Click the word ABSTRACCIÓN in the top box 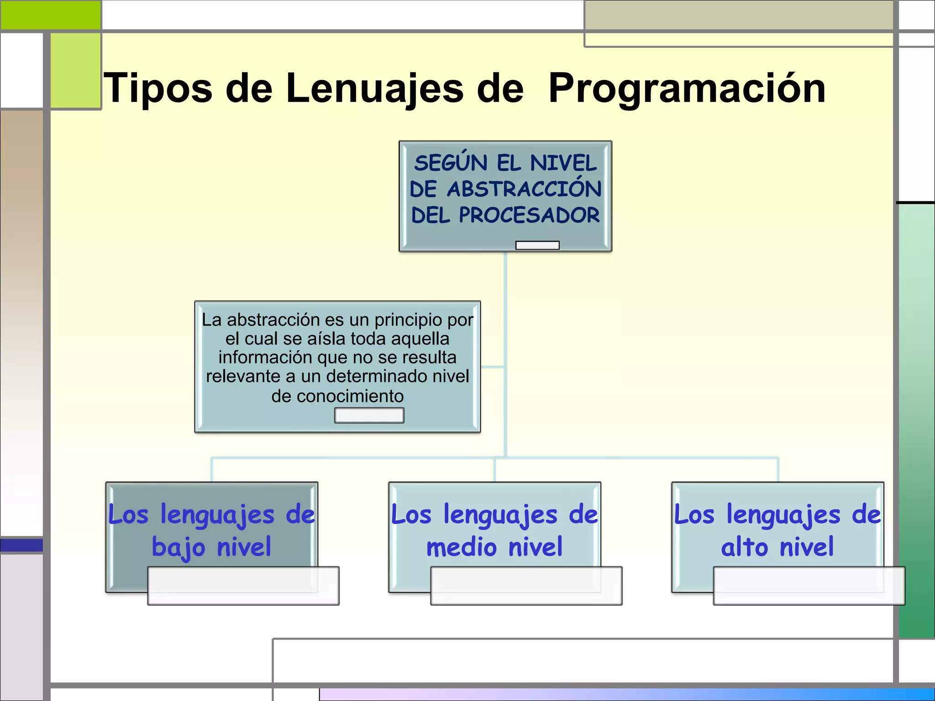pyautogui.click(x=524, y=188)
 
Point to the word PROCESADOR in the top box pyautogui.click(x=529, y=215)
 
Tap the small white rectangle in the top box pyautogui.click(x=537, y=246)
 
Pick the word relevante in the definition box pyautogui.click(x=243, y=377)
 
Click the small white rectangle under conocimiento pyautogui.click(x=369, y=415)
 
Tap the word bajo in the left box pyautogui.click(x=179, y=547)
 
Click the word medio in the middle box pyautogui.click(x=461, y=547)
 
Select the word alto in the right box pyautogui.click(x=744, y=547)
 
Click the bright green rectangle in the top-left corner pyautogui.click(x=50, y=15)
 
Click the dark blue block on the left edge pyautogui.click(x=21, y=545)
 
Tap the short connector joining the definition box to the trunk pyautogui.click(x=492, y=366)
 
